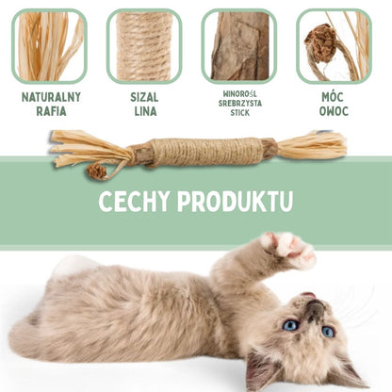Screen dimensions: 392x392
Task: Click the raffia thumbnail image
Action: [x=49, y=45]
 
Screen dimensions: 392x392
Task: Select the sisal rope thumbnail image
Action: [x=144, y=45]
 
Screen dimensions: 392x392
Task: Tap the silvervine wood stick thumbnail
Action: [x=239, y=45]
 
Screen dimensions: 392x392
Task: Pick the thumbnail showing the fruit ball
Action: [x=334, y=45]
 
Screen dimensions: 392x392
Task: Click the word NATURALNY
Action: [x=50, y=97]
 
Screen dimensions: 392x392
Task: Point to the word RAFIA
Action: [x=50, y=111]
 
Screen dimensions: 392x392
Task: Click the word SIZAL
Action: [x=144, y=97]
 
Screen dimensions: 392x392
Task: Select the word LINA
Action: [x=144, y=111]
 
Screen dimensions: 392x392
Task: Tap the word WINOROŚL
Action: [x=239, y=95]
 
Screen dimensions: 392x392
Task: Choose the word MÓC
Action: [x=335, y=97]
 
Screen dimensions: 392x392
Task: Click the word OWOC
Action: [x=335, y=111]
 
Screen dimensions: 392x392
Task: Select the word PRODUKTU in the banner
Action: [x=242, y=202]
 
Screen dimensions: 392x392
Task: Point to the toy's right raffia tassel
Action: [x=311, y=145]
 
